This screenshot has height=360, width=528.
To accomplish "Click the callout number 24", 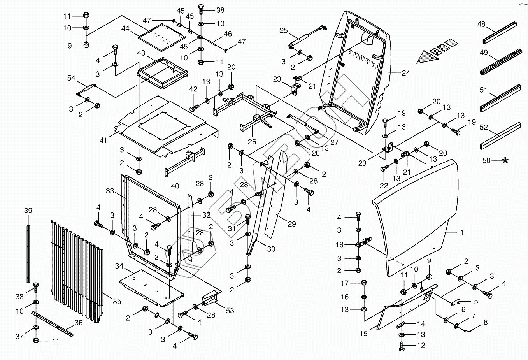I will coord(406,73).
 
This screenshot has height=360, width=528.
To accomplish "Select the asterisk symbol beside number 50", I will coord(505,160).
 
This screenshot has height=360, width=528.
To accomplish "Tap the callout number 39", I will coord(28,211).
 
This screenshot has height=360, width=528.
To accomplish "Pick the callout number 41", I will coord(103,140).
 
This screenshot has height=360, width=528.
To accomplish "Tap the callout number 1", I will coord(462,232).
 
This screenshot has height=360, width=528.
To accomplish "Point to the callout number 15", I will coord(364,334).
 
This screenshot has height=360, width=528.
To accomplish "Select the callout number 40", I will coord(175,186).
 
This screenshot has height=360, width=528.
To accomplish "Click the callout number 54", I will coord(71,78).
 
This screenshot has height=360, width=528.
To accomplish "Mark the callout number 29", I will coord(292,224).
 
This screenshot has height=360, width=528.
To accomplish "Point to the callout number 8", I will coord(485,322).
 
